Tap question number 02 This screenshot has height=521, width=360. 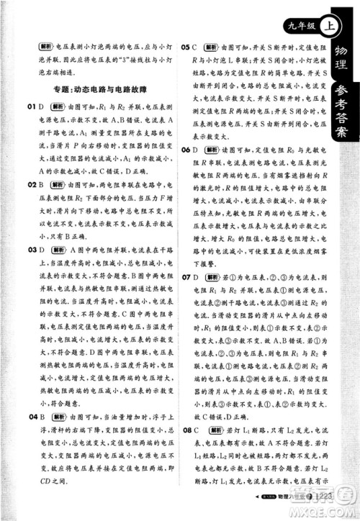click(30, 185)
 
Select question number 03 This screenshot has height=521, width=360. click(30, 250)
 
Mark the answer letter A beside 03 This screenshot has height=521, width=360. click(42, 250)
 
